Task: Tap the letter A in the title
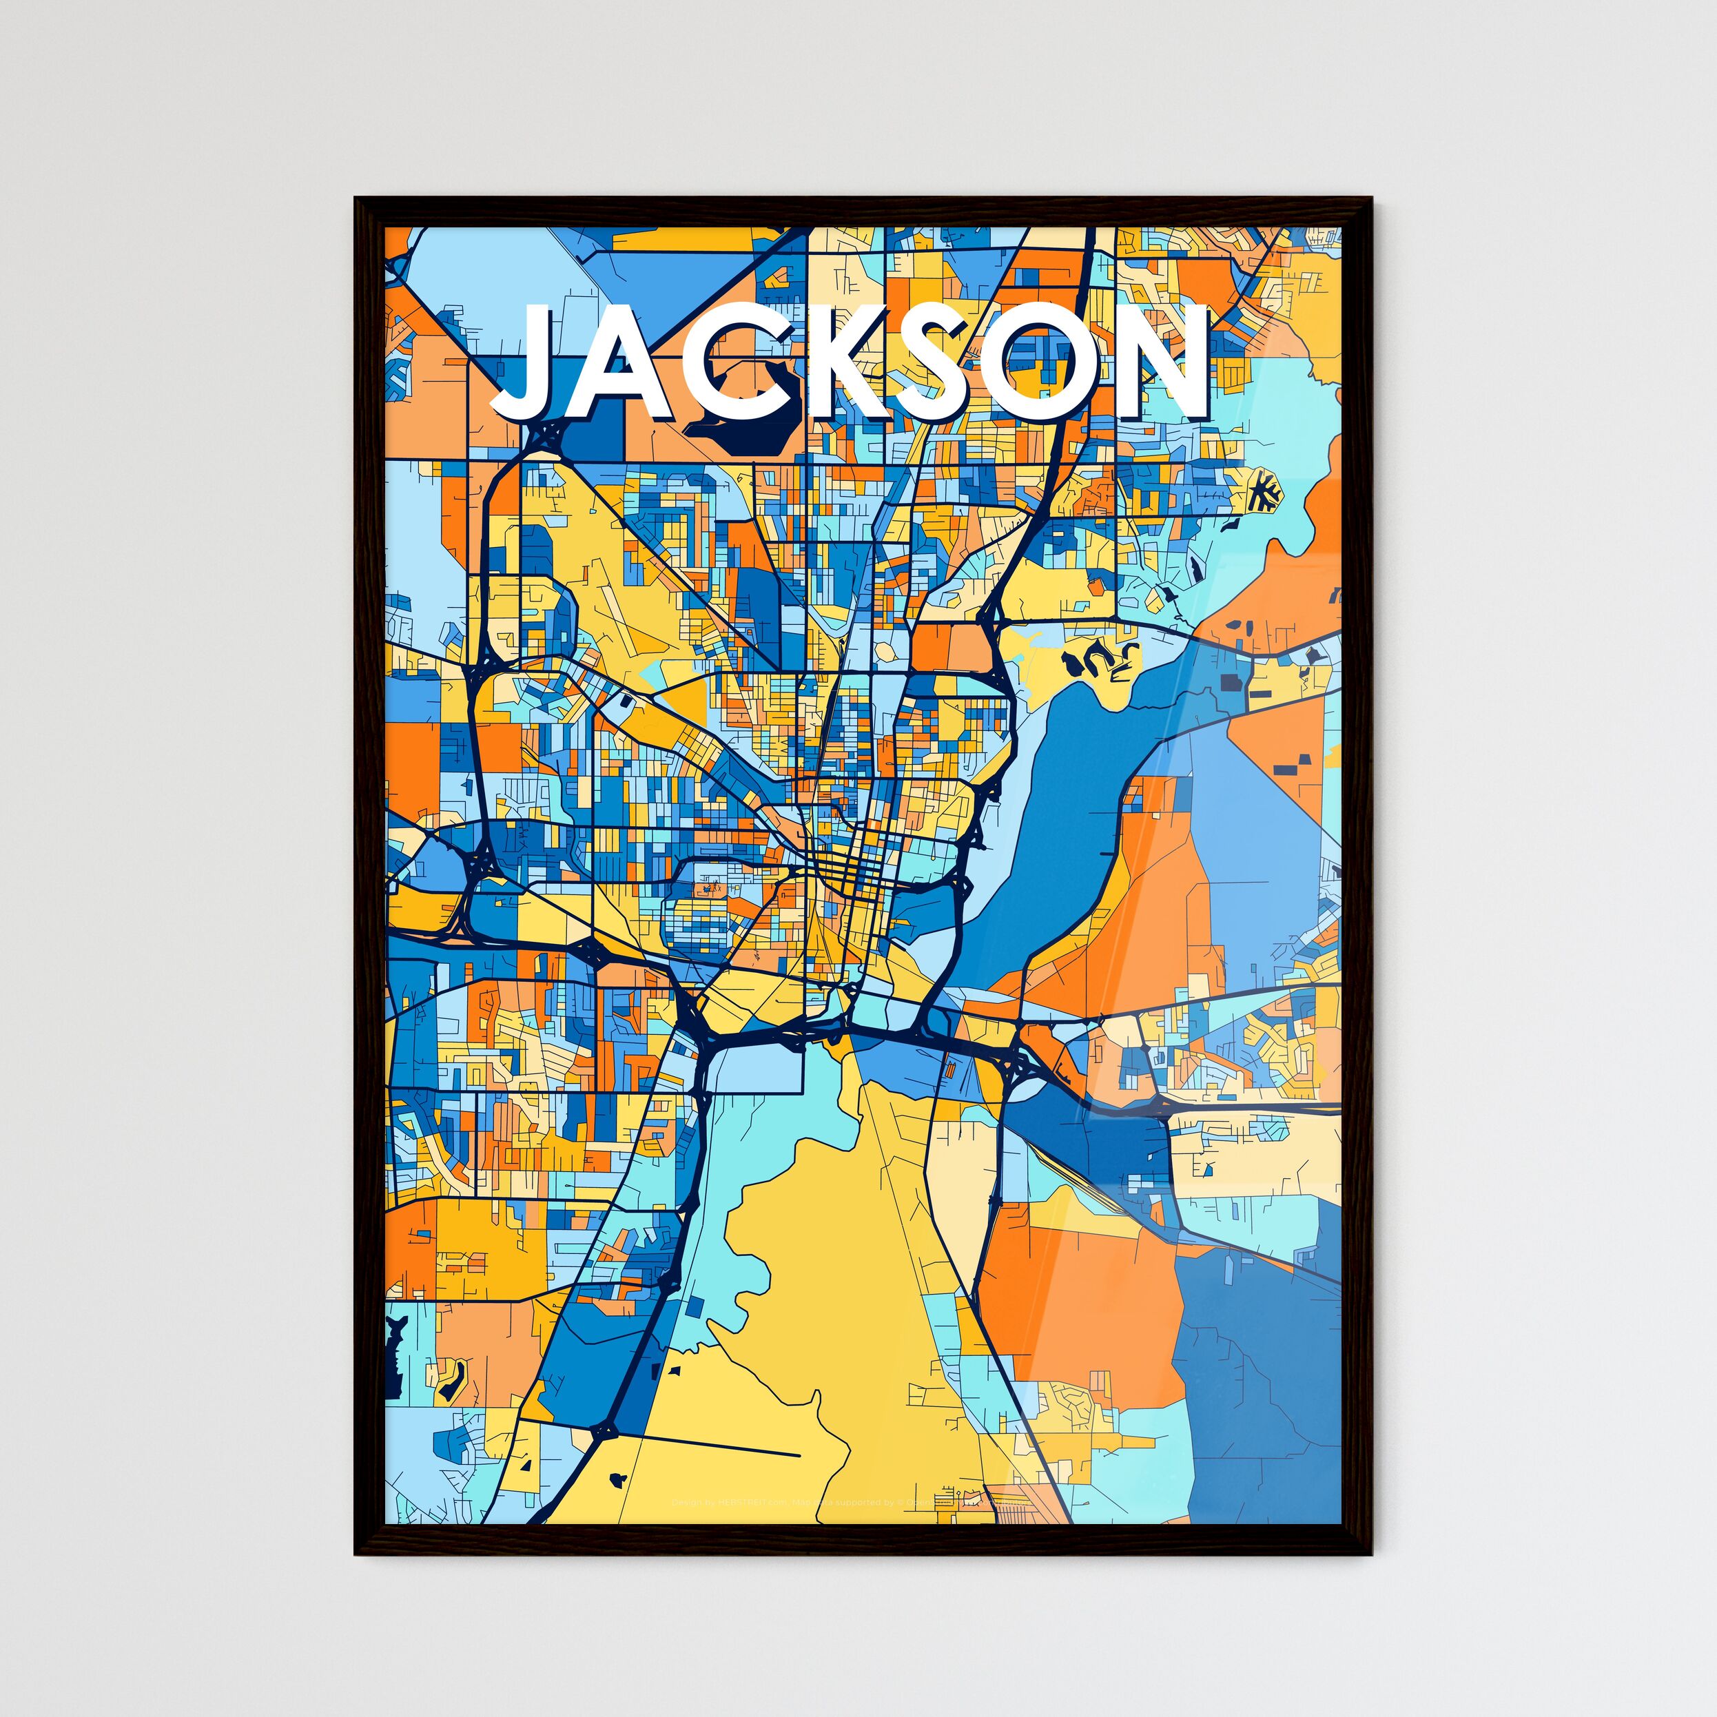(x=622, y=364)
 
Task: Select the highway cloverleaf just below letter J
(x=544, y=435)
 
